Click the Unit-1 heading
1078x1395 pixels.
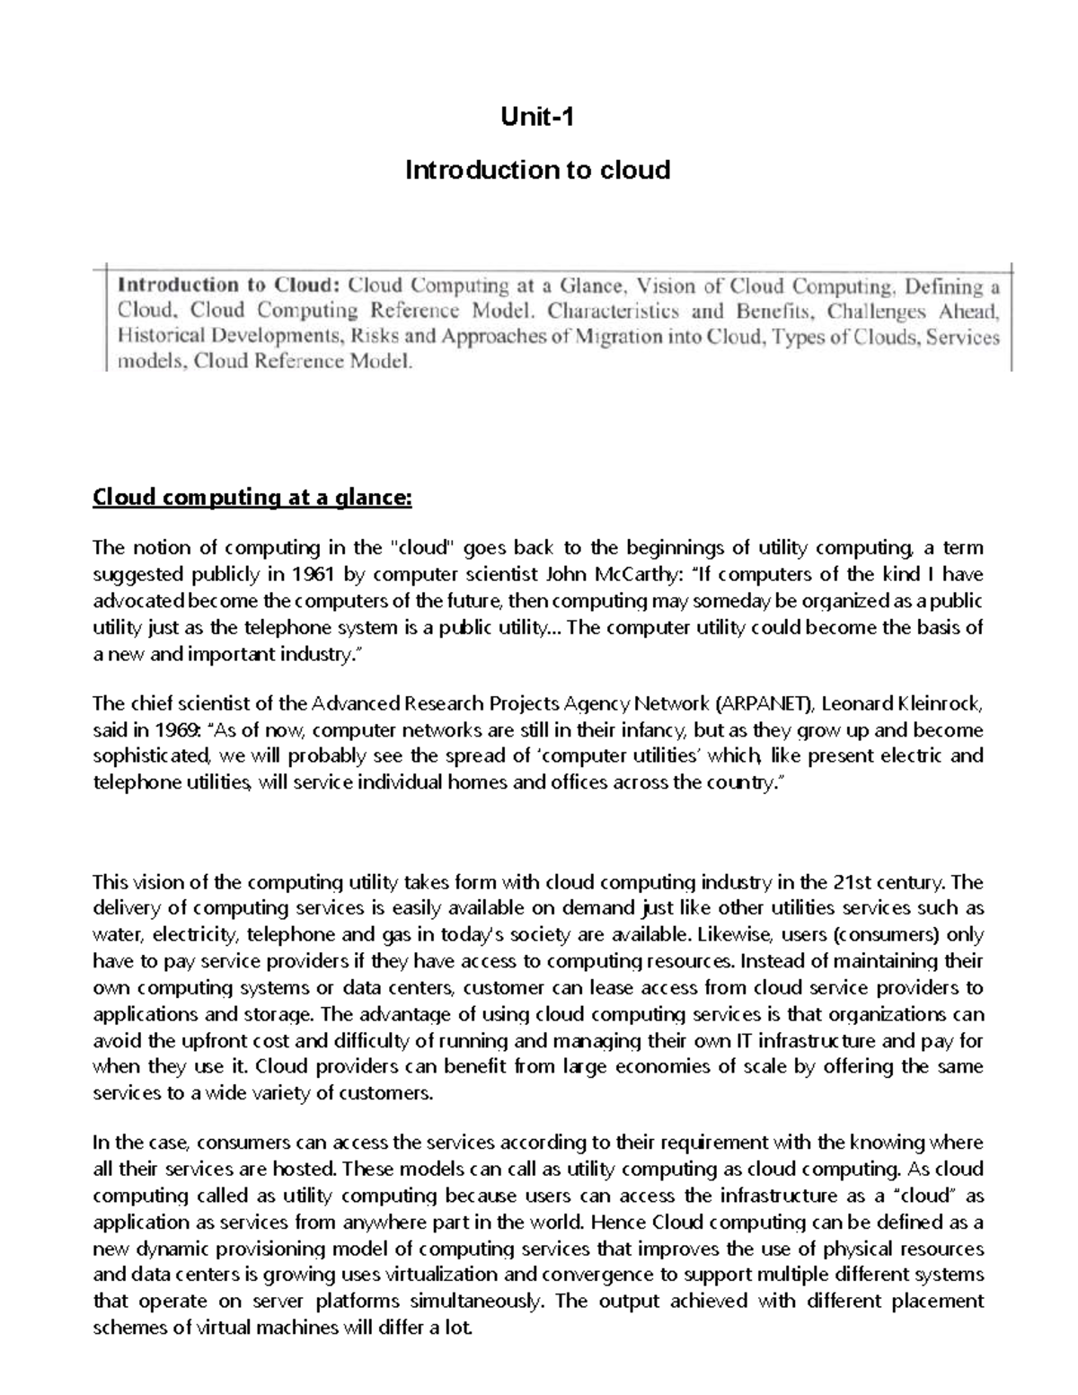click(x=536, y=117)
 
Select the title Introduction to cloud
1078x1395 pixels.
click(x=537, y=170)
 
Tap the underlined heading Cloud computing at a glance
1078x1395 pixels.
click(x=252, y=498)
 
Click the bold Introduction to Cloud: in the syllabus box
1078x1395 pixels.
click(x=229, y=286)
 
